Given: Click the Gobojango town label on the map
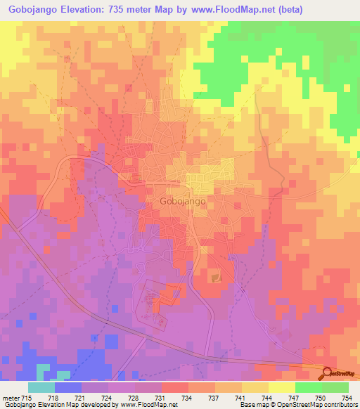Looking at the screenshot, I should [178, 200].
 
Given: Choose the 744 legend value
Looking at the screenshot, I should [258, 398].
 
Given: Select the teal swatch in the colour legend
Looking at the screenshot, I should [41, 387].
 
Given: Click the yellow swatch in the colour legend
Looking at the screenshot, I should [281, 387].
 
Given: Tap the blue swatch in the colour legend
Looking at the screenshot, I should [68, 387].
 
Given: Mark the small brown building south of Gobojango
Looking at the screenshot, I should [217, 278].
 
